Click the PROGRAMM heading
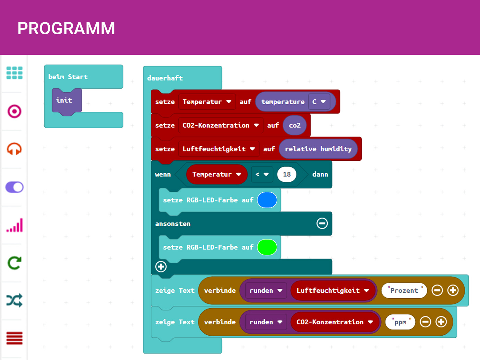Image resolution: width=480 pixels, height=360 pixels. coord(66,28)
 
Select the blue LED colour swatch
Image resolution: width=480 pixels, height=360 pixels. coord(267,200)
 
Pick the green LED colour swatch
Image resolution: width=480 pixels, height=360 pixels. coord(267,248)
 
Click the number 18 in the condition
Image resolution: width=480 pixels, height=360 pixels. coord(287,175)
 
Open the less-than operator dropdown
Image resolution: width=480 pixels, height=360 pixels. coord(262,175)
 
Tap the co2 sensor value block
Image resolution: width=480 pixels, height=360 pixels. coord(295,125)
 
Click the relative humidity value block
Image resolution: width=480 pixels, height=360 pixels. coord(318,149)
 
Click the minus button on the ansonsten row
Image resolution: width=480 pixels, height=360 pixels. coord(322,224)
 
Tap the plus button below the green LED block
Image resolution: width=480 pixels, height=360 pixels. coord(161,267)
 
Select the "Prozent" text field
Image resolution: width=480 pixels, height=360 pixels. coord(404,291)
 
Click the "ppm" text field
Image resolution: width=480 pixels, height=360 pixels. coord(400,322)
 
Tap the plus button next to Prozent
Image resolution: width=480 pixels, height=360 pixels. coord(453,291)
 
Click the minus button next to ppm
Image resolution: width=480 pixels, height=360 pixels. coord(425,322)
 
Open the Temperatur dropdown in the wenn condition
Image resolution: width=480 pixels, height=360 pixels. coord(239,175)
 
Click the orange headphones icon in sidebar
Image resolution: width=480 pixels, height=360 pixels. coord(14,149)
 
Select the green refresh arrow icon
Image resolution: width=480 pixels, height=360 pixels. coord(14,263)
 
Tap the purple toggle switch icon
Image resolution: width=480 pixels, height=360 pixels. coord(14,187)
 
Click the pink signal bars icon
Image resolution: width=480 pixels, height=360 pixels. coord(14,225)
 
